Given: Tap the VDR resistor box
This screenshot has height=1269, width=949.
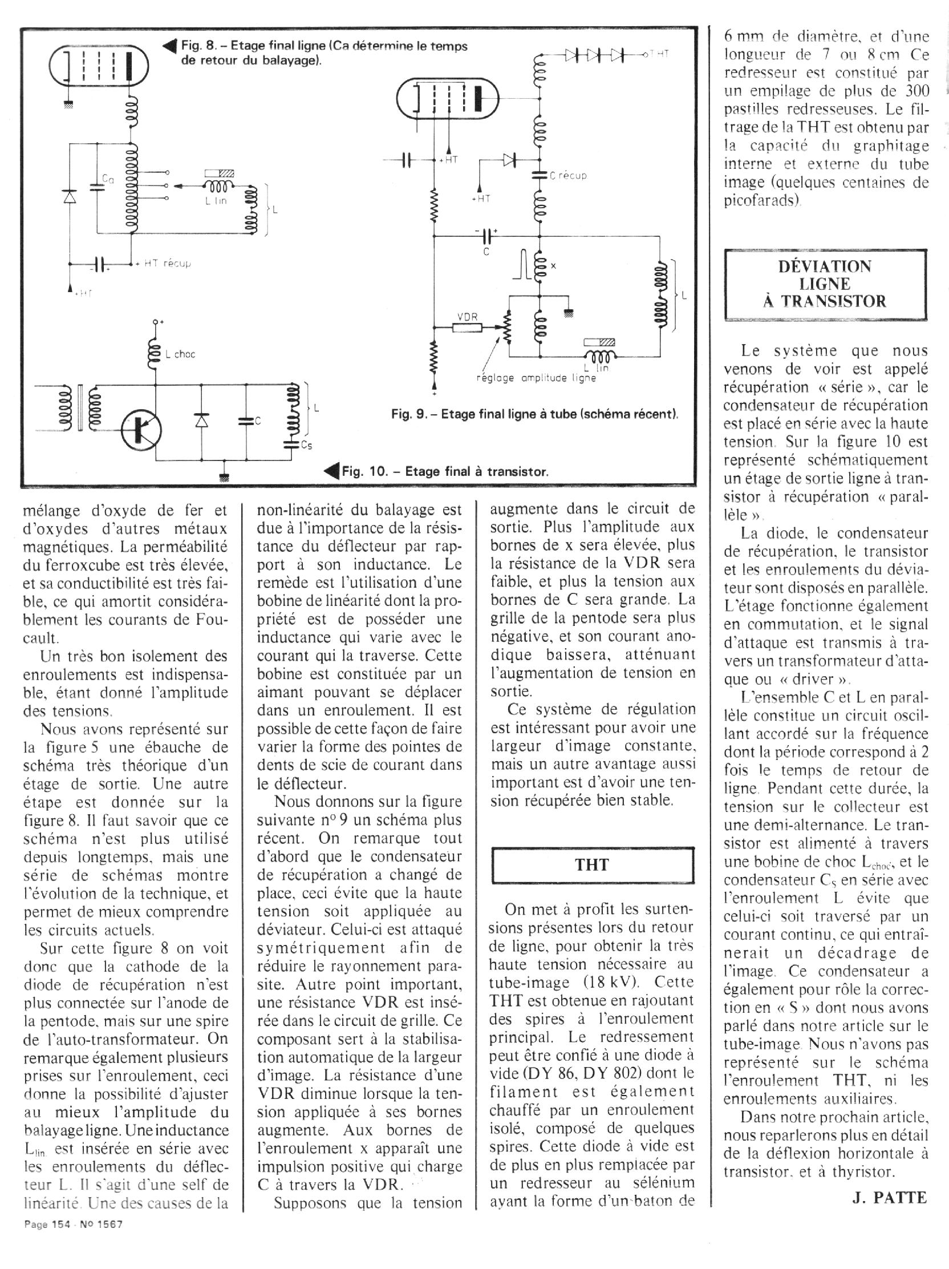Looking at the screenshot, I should coord(468,327).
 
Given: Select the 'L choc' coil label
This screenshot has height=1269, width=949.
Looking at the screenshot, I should coord(180,354).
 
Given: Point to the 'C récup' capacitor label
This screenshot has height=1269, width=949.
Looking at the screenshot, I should coord(568,176).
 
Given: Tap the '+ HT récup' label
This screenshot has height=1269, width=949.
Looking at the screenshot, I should coord(163,263).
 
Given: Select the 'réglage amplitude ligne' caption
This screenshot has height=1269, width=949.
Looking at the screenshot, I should coord(536,378).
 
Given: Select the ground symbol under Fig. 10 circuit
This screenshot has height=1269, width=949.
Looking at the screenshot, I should coord(224,475).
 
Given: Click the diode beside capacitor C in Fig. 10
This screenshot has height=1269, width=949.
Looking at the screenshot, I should coord(201,421).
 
